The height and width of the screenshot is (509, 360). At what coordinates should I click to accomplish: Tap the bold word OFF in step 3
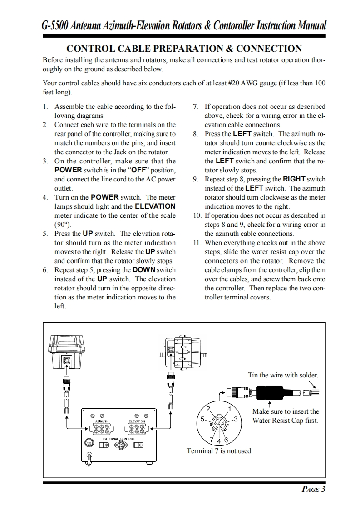click(138, 170)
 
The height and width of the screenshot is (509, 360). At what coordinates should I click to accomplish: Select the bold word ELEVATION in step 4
click(155, 206)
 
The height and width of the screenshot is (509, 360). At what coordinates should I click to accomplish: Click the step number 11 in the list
click(197, 243)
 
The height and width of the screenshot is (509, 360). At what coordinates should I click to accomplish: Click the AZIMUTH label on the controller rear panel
click(102, 421)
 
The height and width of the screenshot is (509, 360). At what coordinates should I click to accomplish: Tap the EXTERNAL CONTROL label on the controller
click(119, 439)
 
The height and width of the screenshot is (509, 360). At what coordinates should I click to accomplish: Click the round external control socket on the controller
click(119, 446)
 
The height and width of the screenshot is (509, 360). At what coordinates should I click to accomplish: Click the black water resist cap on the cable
click(271, 392)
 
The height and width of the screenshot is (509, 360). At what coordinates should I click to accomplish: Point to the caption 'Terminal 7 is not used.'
click(219, 451)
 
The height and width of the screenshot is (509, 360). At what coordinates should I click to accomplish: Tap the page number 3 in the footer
click(323, 489)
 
